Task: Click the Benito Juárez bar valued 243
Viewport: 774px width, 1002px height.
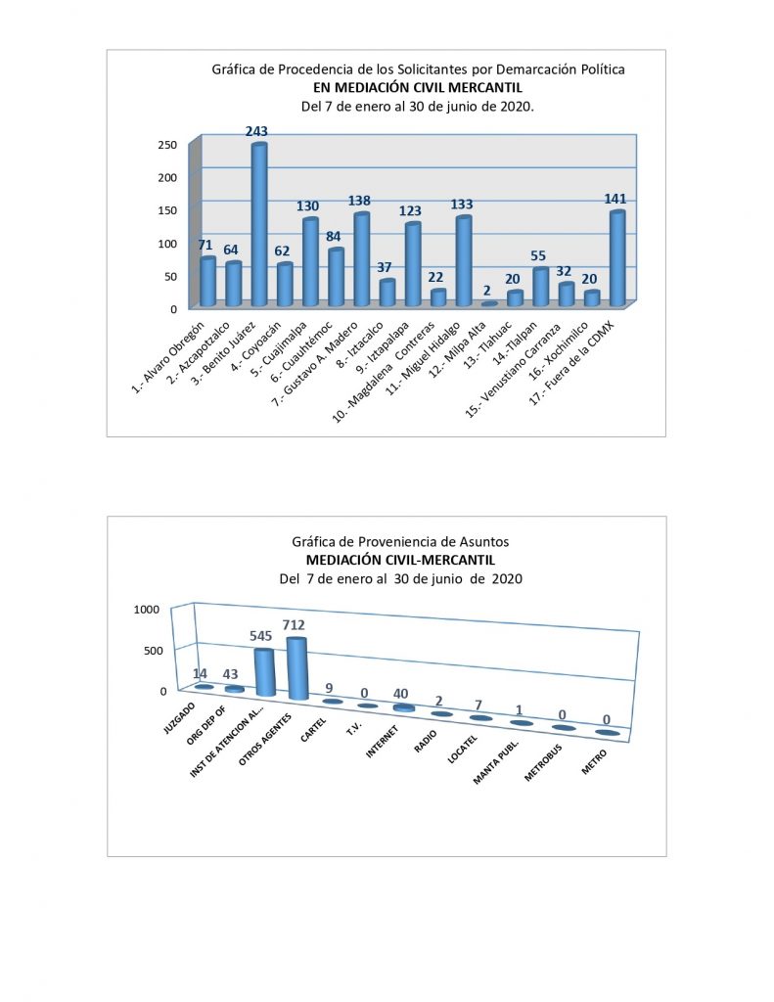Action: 259,225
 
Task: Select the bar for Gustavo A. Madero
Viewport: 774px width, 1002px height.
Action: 361,260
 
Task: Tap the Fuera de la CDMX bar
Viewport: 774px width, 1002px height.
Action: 616,259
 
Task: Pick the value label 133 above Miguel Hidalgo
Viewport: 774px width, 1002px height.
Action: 462,205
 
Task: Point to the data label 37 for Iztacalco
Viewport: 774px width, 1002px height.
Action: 387,268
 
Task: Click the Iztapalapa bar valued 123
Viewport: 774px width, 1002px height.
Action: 412,265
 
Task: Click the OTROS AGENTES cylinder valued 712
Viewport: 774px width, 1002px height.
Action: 296,668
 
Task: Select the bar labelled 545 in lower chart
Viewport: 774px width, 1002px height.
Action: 264,672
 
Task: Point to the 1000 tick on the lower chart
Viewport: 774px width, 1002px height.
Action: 145,610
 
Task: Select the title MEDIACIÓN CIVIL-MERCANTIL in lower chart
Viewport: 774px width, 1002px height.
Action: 400,560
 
